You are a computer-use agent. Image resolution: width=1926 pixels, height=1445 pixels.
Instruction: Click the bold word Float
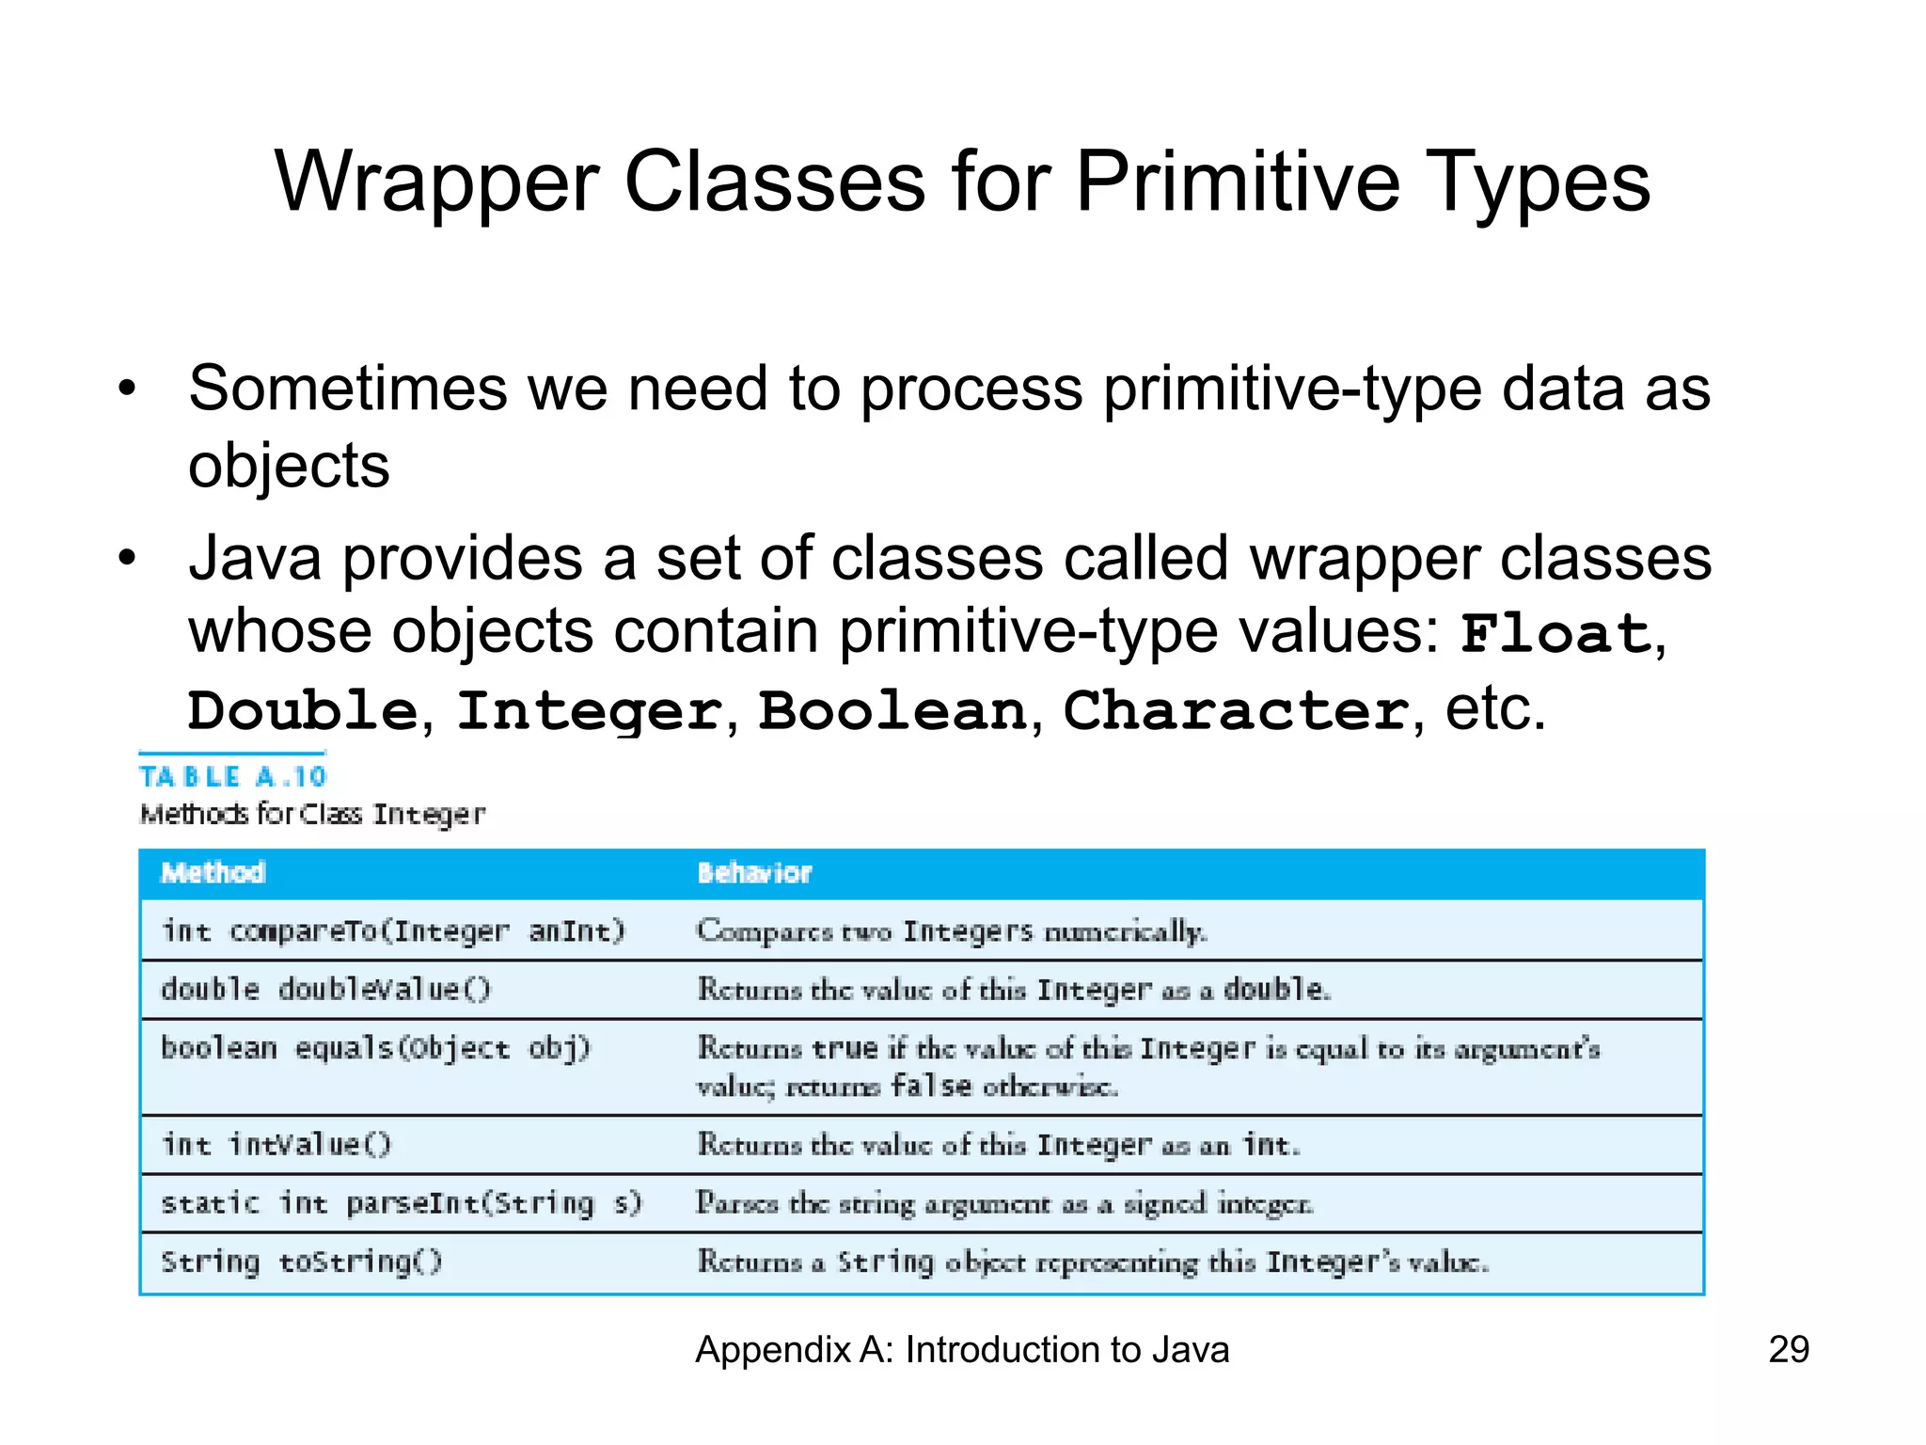click(1555, 634)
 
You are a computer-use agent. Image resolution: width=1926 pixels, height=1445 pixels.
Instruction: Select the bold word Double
click(302, 710)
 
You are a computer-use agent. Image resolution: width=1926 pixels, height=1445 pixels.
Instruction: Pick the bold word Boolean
click(892, 710)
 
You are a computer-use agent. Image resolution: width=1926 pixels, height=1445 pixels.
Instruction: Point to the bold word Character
click(1236, 710)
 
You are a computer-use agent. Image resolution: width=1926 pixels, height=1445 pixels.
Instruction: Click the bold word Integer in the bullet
click(590, 710)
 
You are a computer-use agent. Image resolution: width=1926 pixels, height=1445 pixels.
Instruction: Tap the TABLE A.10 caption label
click(232, 777)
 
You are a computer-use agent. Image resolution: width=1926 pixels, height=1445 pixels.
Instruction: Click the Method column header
click(213, 873)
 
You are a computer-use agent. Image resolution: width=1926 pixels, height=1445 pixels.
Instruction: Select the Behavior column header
click(754, 873)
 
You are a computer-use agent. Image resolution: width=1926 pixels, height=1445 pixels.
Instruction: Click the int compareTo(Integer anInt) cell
click(392, 931)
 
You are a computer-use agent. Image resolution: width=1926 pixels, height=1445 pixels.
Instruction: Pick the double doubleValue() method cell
click(325, 990)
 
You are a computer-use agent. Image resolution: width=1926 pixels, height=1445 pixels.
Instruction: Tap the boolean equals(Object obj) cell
click(375, 1048)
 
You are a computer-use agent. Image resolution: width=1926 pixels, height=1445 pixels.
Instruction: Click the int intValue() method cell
click(276, 1145)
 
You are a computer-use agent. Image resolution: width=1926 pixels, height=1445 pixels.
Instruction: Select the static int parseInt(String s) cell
click(401, 1203)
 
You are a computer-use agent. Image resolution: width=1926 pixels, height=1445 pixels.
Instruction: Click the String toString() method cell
click(301, 1262)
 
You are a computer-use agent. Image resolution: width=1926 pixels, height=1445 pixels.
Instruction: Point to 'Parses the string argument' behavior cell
click(1003, 1203)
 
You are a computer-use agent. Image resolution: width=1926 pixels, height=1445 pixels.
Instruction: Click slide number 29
click(1788, 1350)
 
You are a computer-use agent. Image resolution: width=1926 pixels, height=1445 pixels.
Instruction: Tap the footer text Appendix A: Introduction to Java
click(961, 1350)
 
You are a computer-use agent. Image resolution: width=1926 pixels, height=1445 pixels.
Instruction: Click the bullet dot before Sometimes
click(127, 389)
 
